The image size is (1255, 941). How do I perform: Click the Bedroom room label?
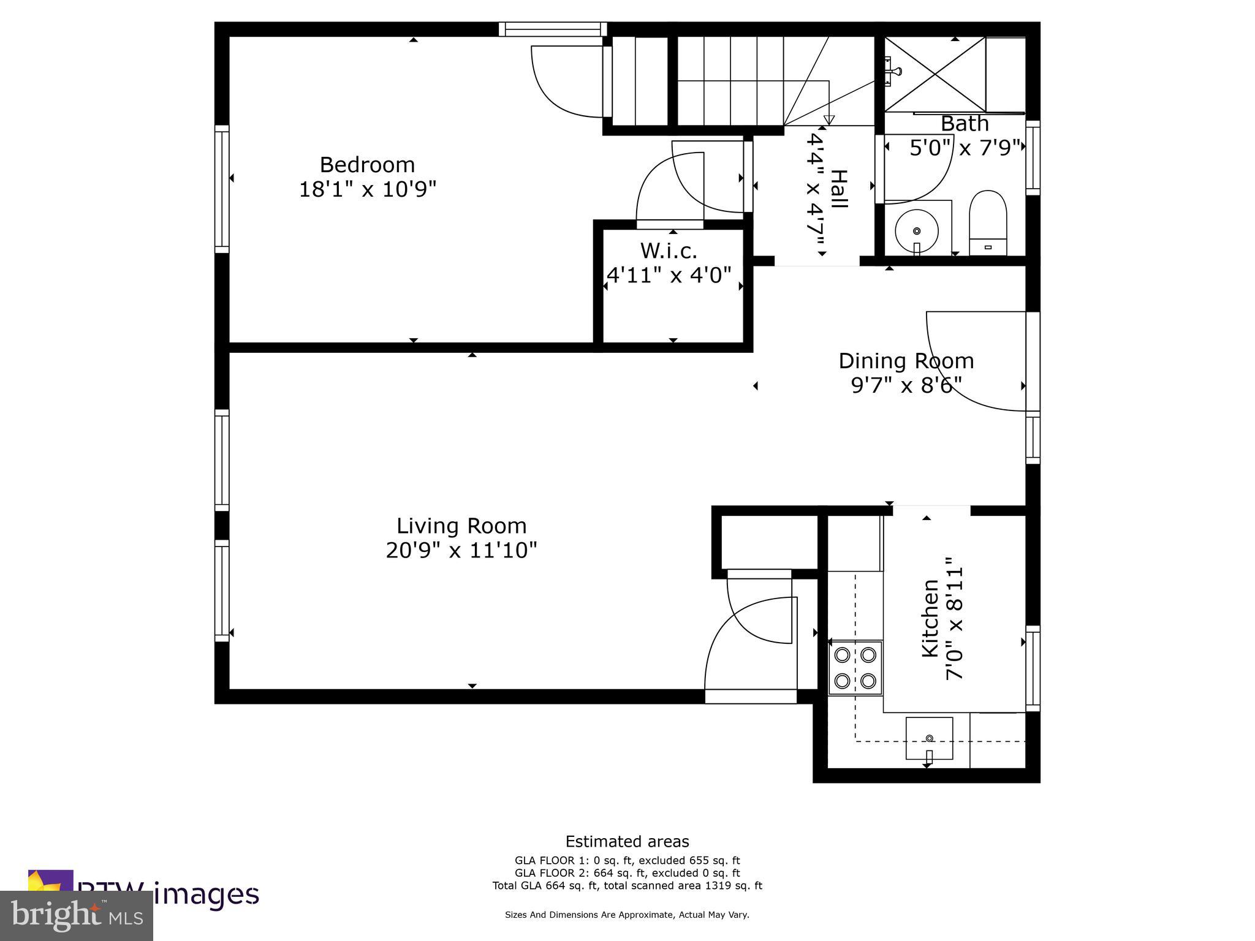click(x=367, y=165)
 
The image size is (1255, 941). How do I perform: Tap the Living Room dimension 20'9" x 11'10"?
click(x=461, y=551)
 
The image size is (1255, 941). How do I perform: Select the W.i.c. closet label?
click(x=669, y=251)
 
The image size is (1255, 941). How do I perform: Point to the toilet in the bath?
click(x=988, y=223)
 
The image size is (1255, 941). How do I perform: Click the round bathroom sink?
click(x=917, y=231)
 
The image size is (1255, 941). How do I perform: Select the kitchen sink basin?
click(x=929, y=738)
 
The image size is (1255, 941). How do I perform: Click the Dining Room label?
click(x=906, y=361)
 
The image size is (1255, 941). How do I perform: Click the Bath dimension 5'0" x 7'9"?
click(x=965, y=148)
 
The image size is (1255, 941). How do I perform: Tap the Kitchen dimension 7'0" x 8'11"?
click(x=955, y=619)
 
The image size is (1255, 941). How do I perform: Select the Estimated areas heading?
click(x=627, y=842)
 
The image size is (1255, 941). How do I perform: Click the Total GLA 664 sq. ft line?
click(x=627, y=885)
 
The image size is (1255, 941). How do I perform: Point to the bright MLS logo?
click(x=77, y=915)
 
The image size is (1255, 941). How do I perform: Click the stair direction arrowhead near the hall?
click(x=829, y=119)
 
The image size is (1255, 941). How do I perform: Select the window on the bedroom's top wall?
click(x=552, y=29)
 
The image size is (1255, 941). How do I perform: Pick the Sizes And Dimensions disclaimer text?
click(x=627, y=915)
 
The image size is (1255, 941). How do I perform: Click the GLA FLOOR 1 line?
click(x=627, y=861)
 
